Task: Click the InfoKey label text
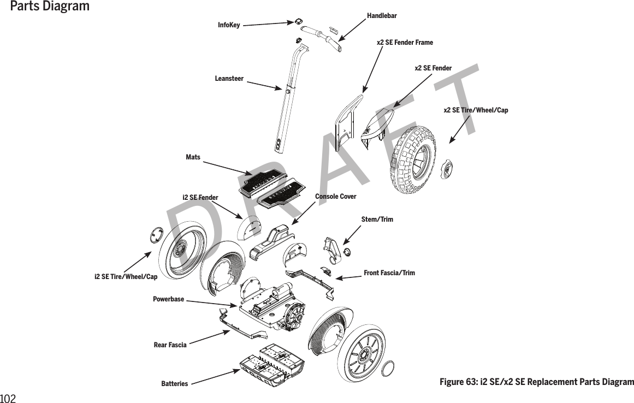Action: (229, 25)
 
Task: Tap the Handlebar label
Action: (382, 16)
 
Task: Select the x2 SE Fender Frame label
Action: (405, 43)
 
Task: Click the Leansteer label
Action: (229, 79)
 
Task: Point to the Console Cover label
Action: (335, 196)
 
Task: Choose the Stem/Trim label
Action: (377, 220)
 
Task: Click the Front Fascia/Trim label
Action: (389, 272)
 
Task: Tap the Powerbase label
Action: (168, 299)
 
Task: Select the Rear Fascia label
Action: (170, 345)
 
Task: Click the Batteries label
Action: (174, 384)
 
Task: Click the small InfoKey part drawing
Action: (299, 21)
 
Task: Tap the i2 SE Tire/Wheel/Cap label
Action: (126, 277)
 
